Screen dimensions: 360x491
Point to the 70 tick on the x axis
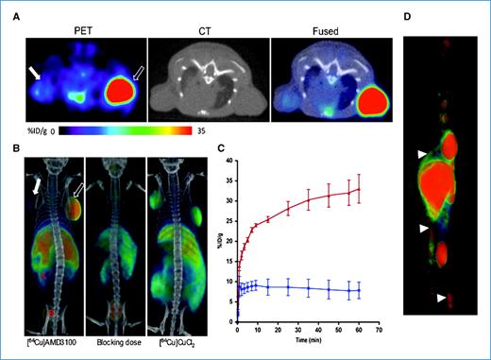[x=378, y=330]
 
